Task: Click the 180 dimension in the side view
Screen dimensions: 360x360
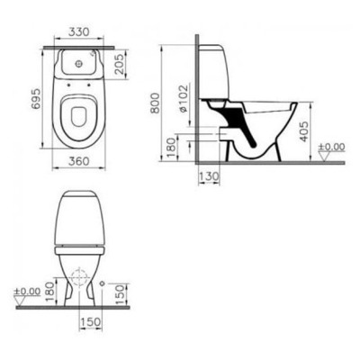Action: (173, 145)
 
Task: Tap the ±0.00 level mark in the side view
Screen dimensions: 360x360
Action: (335, 145)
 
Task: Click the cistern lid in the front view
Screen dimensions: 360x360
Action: (81, 197)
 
